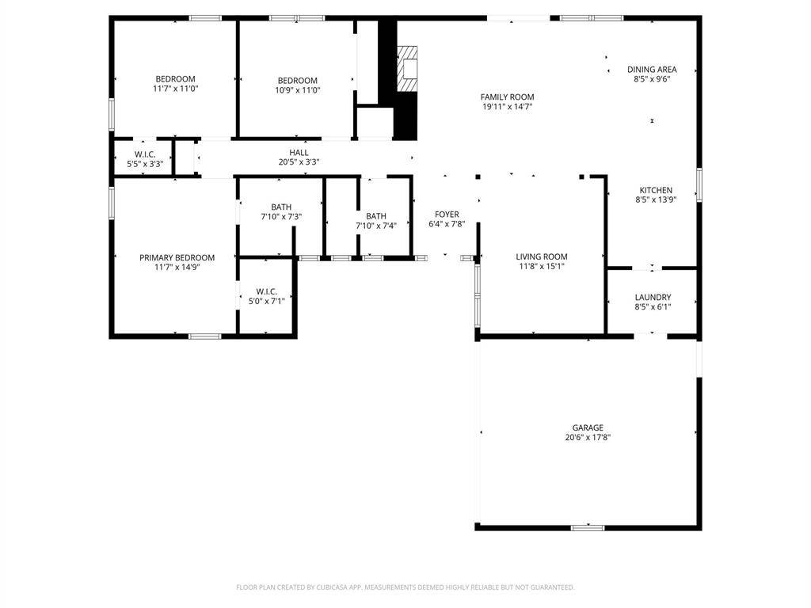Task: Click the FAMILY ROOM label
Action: click(507, 97)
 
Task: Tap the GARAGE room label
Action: click(588, 427)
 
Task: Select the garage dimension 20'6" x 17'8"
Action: click(588, 437)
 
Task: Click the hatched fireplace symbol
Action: click(407, 70)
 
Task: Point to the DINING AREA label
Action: click(652, 70)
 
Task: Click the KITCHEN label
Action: click(656, 190)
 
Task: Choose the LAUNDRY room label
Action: click(653, 298)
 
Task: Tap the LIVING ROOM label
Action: click(542, 256)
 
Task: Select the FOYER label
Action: click(447, 214)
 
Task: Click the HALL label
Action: click(299, 153)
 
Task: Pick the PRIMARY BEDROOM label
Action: click(177, 257)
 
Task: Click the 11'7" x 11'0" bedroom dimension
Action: click(175, 89)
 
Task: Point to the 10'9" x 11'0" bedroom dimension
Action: click(298, 90)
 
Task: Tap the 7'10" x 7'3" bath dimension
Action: click(281, 217)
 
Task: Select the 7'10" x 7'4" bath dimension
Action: click(376, 226)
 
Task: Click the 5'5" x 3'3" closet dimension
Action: click(146, 164)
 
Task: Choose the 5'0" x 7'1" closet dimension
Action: click(266, 301)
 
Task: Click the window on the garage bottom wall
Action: click(588, 528)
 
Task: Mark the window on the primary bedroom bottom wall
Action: click(204, 336)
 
